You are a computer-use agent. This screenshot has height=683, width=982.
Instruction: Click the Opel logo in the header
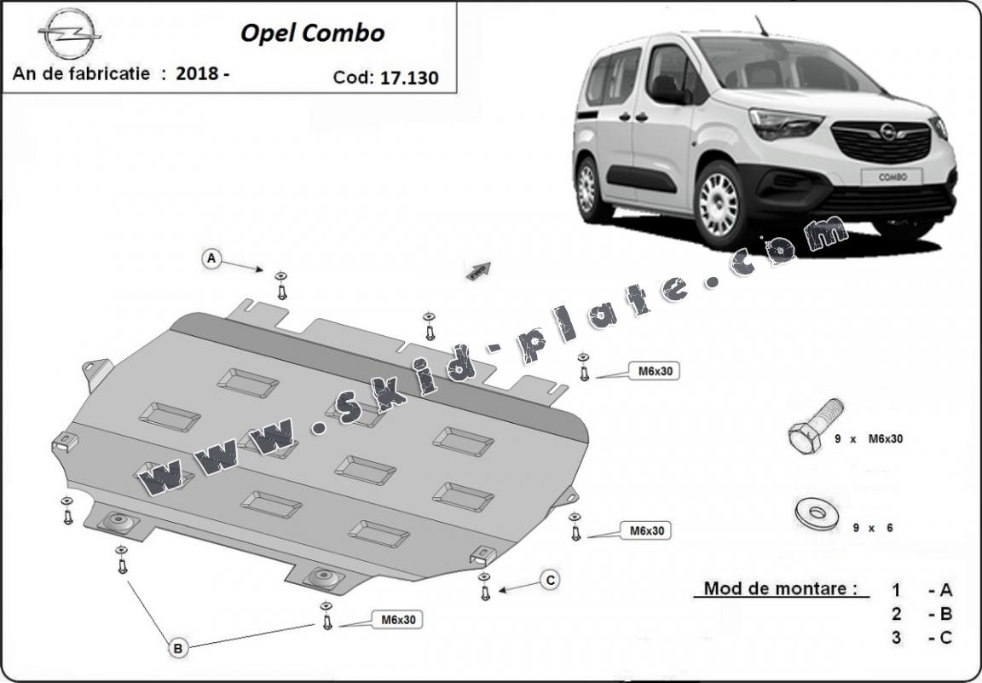69,35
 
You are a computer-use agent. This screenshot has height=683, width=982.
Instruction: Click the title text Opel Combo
312,33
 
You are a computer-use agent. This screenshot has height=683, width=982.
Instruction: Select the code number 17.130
410,78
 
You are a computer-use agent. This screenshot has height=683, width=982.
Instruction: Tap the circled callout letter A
212,258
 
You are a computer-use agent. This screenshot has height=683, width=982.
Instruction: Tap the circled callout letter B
178,649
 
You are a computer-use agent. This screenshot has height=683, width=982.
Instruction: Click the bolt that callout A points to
282,287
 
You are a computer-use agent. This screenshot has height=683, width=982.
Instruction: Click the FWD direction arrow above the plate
479,270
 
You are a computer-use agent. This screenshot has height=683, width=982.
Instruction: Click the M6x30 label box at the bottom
398,620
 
